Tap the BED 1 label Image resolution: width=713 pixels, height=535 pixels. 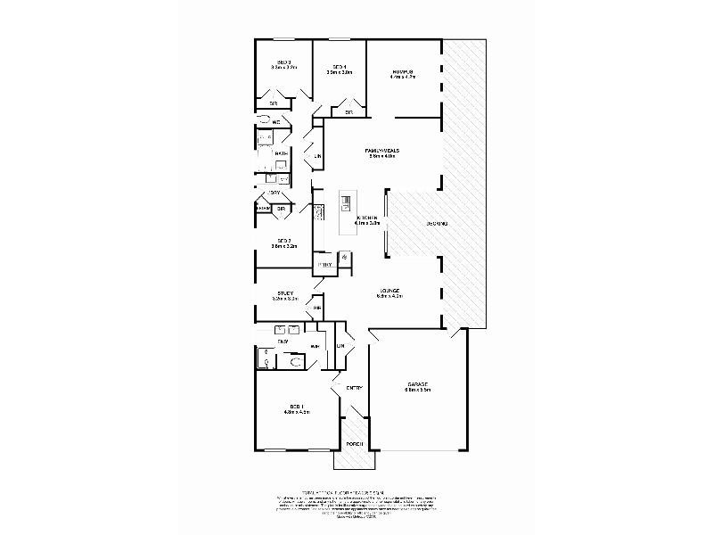[296, 406]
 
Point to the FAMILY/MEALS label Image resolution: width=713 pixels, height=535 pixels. [381, 151]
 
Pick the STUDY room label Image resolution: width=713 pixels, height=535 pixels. [285, 292]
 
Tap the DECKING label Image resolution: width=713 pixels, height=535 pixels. [436, 223]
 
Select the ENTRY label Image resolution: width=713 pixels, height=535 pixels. [354, 387]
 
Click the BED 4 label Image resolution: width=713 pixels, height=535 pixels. [339, 68]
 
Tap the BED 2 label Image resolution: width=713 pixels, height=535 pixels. [283, 240]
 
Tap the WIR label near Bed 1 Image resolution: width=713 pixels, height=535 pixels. [315, 346]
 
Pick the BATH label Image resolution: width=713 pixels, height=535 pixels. [281, 154]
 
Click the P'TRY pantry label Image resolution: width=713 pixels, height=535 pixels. [325, 265]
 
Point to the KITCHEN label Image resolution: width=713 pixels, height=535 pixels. [367, 218]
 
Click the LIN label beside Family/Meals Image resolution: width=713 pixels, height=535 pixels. [317, 158]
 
